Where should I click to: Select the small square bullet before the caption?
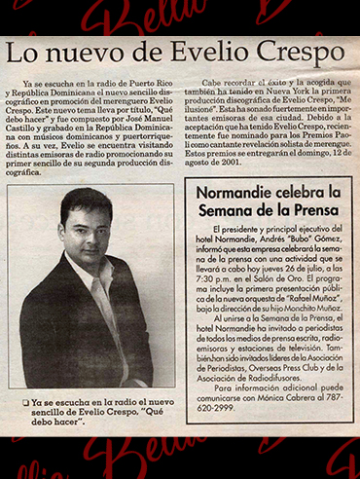click(x=24, y=402)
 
